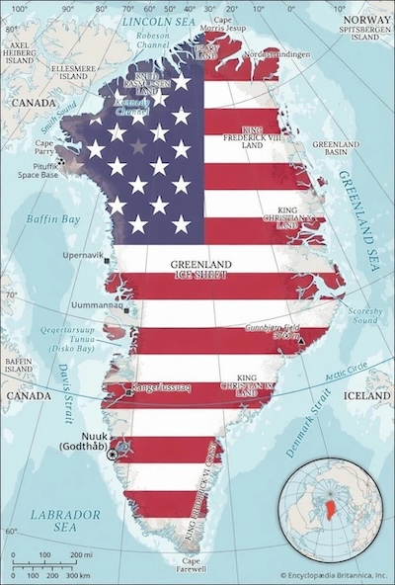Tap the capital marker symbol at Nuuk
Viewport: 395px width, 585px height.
112,453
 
